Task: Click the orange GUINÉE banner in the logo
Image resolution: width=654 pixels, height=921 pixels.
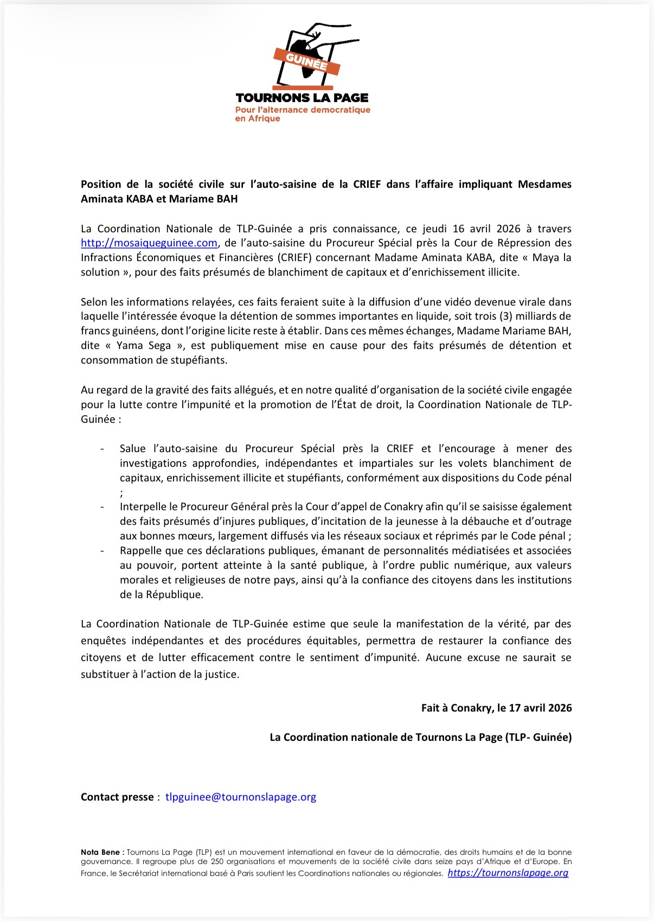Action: pyautogui.click(x=306, y=61)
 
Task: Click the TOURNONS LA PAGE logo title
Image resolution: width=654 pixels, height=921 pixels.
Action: pyautogui.click(x=302, y=98)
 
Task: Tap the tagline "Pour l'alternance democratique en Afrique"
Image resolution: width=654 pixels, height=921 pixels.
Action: pyautogui.click(x=302, y=114)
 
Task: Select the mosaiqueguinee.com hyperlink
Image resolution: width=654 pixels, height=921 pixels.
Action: pyautogui.click(x=149, y=243)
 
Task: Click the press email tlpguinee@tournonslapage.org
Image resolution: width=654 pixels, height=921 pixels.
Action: pyautogui.click(x=240, y=797)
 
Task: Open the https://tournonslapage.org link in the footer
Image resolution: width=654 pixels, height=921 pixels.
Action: pyautogui.click(x=508, y=873)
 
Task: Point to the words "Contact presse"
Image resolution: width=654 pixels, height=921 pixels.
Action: pyautogui.click(x=117, y=797)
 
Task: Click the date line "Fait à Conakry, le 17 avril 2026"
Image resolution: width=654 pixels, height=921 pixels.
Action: pyautogui.click(x=496, y=708)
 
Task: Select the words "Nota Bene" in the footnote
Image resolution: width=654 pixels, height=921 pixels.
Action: pyautogui.click(x=100, y=852)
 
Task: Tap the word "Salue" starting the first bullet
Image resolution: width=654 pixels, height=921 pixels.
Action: pyautogui.click(x=133, y=449)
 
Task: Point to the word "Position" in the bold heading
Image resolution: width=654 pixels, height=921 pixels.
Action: pyautogui.click(x=101, y=185)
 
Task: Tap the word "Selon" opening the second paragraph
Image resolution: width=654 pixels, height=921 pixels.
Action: pyautogui.click(x=94, y=302)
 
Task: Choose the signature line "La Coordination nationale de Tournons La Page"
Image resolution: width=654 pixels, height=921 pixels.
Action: pyautogui.click(x=420, y=737)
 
